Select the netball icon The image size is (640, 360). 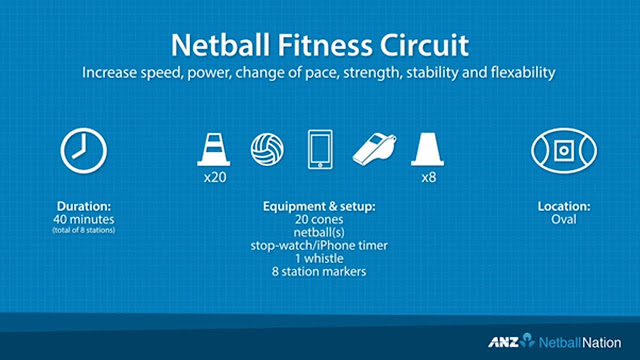click(269, 149)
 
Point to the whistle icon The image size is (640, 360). click(374, 150)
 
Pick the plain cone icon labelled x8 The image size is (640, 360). click(426, 149)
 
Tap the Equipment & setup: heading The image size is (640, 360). click(320, 207)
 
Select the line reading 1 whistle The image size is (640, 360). click(320, 256)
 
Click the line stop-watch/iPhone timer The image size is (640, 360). click(320, 244)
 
